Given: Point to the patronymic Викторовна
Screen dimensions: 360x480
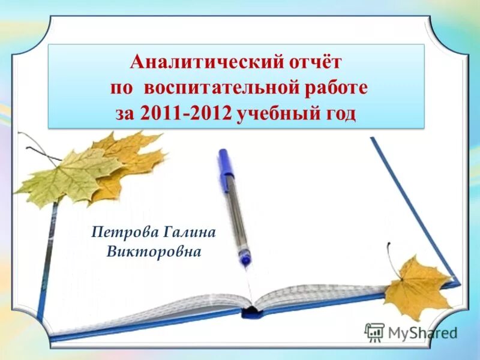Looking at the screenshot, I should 154,251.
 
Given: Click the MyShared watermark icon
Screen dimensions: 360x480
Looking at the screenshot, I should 374,332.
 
